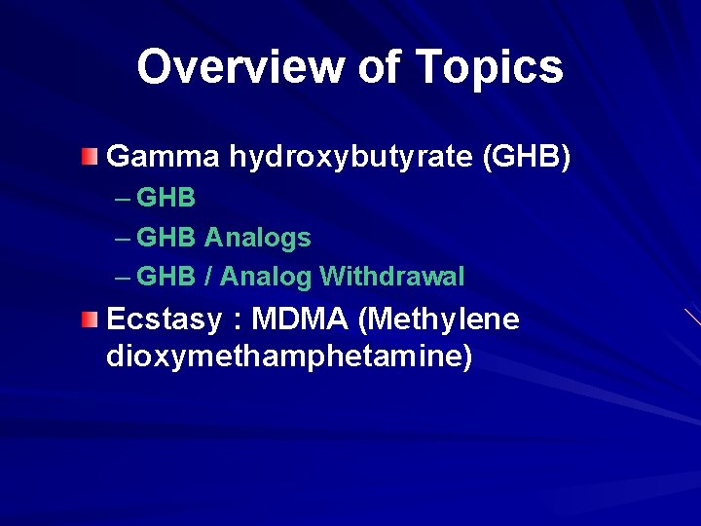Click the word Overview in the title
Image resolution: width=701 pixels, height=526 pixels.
click(x=240, y=67)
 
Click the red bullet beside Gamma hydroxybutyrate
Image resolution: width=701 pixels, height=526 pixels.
click(x=90, y=156)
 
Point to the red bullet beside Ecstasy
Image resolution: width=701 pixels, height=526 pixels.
click(x=90, y=319)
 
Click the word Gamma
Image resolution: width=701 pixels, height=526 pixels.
click(x=164, y=156)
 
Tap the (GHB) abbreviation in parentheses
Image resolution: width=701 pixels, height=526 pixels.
click(x=527, y=157)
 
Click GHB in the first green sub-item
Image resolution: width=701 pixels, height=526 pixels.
click(x=166, y=198)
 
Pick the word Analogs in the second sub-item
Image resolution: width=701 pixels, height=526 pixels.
click(x=258, y=238)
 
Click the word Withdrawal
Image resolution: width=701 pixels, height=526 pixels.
click(x=391, y=277)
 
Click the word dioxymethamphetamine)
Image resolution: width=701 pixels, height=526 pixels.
click(x=288, y=357)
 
